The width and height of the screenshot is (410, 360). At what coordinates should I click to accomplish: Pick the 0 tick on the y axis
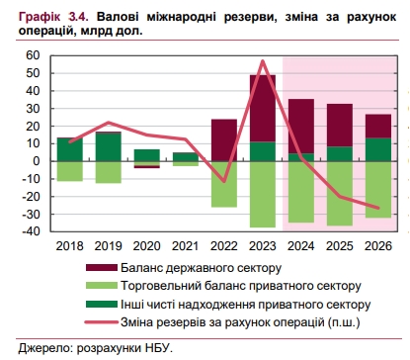tap(36, 161)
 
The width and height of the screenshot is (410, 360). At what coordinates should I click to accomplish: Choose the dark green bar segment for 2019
tap(108, 145)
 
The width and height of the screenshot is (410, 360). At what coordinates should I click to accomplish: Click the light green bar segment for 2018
tap(69, 171)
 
